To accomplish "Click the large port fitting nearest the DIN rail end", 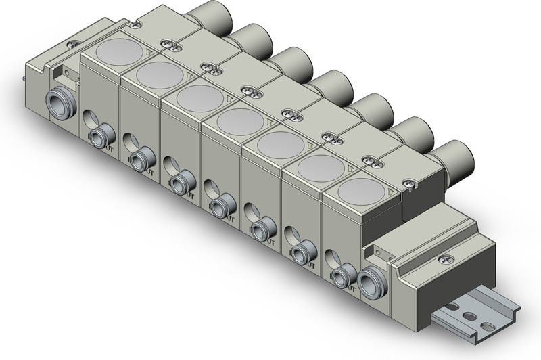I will pyautogui.click(x=370, y=282).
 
